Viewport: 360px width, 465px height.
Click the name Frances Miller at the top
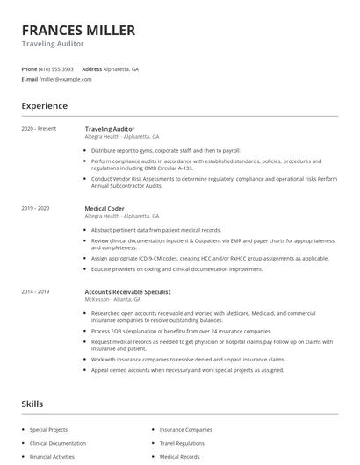click(78, 31)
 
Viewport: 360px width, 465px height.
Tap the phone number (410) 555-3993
click(57, 68)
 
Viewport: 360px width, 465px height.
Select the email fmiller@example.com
click(65, 79)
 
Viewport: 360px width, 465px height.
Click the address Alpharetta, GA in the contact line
click(122, 68)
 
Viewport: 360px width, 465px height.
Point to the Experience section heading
click(44, 106)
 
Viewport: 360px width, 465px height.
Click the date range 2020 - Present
click(39, 129)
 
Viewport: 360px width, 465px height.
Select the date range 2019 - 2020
click(36, 208)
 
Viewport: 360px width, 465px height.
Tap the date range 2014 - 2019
click(36, 290)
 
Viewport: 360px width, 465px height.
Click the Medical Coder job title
click(104, 208)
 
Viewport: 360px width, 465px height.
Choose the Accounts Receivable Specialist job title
click(127, 290)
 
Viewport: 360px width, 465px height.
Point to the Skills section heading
click(32, 403)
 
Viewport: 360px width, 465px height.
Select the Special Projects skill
click(49, 430)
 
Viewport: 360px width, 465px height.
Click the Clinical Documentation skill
click(58, 443)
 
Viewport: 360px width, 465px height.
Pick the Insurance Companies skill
click(185, 430)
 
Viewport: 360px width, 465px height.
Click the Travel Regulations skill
click(182, 443)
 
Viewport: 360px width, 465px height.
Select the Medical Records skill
click(179, 456)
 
